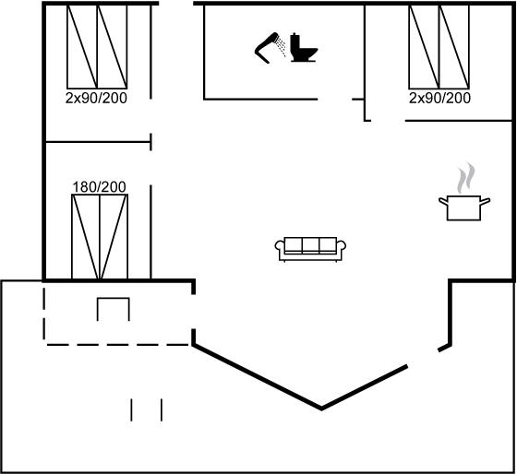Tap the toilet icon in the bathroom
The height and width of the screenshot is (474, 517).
coord(304,47)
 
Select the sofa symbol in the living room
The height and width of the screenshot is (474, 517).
coord(310,249)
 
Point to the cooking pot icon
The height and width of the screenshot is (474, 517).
coord(464,207)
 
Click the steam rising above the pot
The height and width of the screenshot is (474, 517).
coord(465,178)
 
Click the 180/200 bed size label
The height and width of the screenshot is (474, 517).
coord(99,187)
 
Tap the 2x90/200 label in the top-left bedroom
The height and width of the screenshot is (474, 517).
coord(96,98)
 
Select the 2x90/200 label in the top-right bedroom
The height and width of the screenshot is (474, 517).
coord(439,98)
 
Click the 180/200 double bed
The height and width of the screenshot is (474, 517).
coord(100,237)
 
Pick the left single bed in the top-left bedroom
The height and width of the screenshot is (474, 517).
coord(82,47)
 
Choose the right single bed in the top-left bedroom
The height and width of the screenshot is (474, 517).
coord(112,47)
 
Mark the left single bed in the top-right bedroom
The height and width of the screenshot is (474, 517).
coord(424,47)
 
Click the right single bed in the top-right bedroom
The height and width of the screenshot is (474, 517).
coord(454,47)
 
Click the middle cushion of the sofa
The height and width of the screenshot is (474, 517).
coord(310,244)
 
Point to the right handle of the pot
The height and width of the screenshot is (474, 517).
coord(486,201)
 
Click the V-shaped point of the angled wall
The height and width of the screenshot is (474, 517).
coord(321,409)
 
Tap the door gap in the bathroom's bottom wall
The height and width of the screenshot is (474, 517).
coord(334,99)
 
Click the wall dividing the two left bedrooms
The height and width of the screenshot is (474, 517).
coord(98,142)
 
